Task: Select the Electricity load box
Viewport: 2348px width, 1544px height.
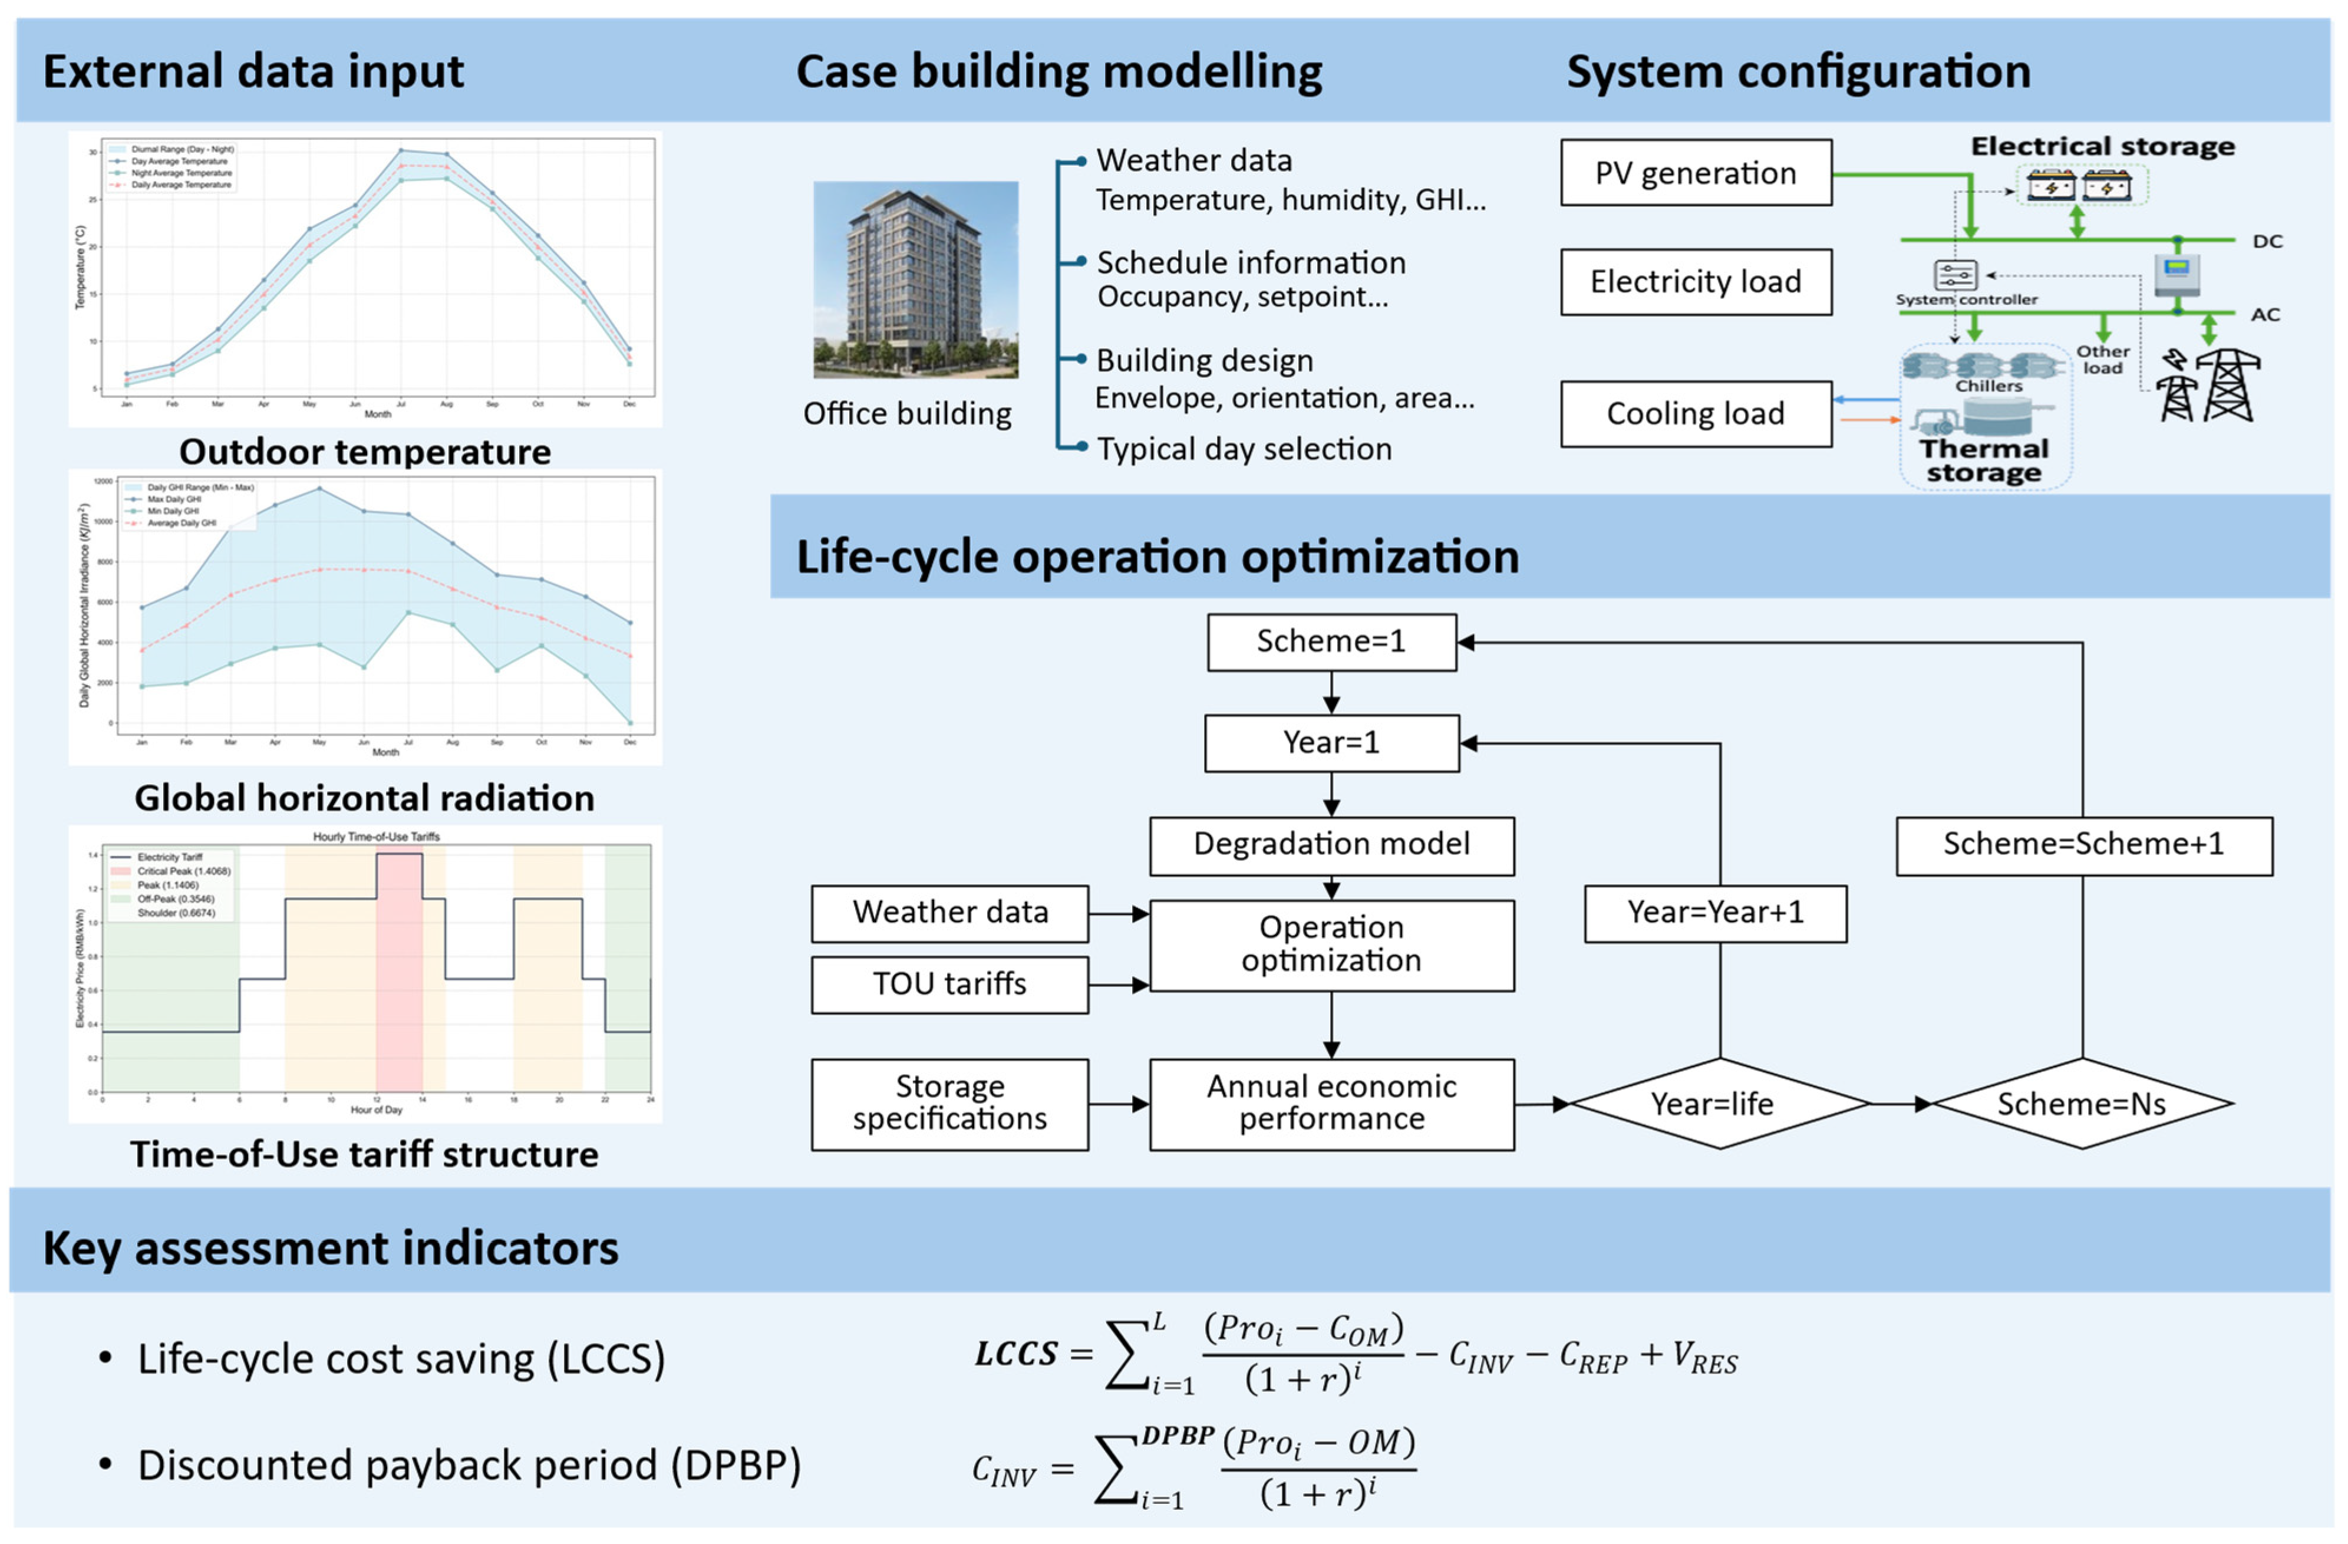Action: [x=1695, y=282]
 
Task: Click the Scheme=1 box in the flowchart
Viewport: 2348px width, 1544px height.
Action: [x=1331, y=642]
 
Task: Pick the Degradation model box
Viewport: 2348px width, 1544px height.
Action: [x=1331, y=845]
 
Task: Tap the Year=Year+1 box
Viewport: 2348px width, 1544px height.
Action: [x=1714, y=913]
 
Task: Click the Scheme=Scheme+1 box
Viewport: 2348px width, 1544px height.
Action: [x=2083, y=845]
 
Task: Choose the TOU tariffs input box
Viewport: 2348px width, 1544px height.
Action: [x=949, y=983]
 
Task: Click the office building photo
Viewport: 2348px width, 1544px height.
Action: [x=915, y=279]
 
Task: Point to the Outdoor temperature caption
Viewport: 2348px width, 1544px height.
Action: [x=365, y=452]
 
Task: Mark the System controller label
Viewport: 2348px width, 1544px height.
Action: [x=1966, y=299]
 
